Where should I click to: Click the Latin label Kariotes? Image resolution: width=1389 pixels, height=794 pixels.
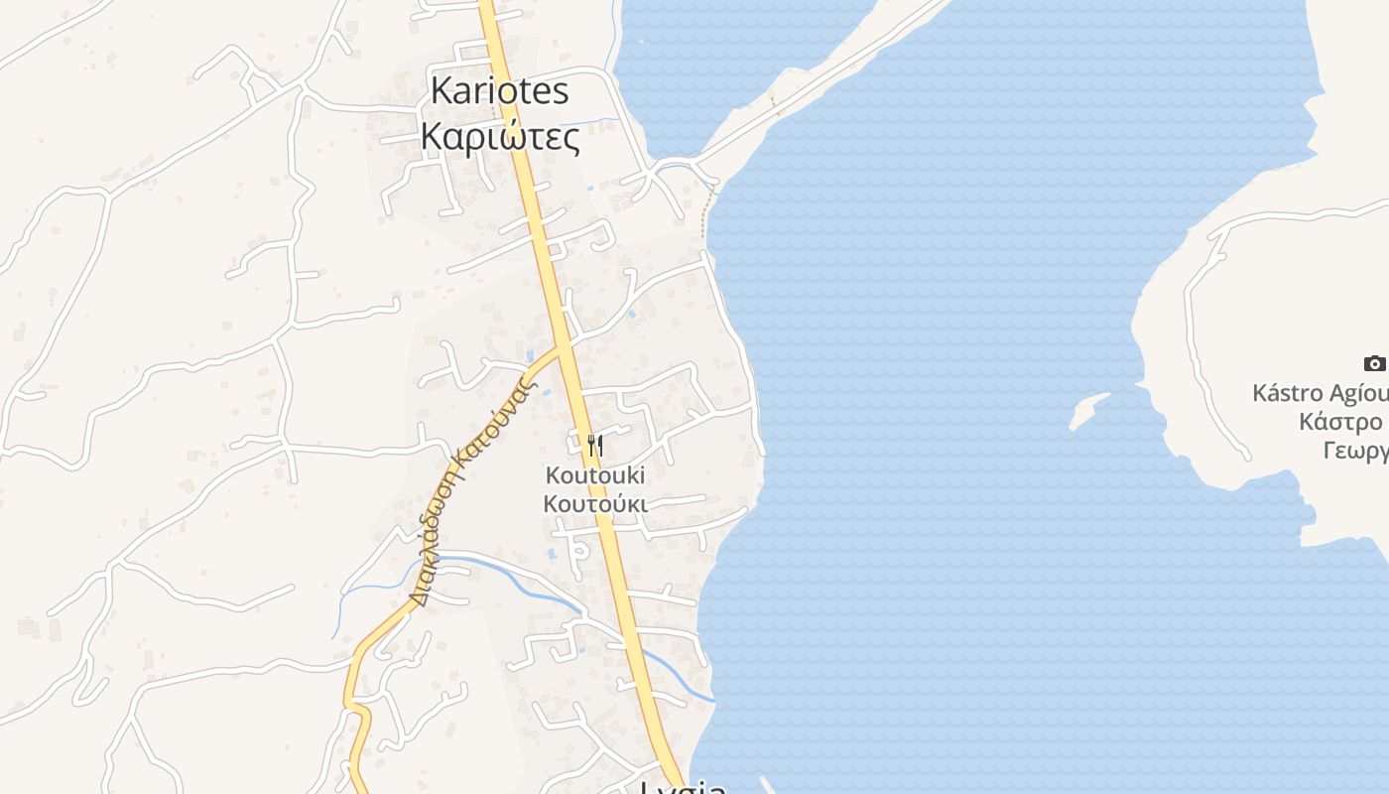pos(499,91)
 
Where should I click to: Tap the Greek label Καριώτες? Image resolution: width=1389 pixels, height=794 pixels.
pos(500,137)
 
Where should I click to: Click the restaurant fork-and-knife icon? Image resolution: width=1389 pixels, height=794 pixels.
pos(594,445)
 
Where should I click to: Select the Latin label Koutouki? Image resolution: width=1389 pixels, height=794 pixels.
pos(594,476)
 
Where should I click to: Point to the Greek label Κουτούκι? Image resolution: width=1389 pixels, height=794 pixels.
pos(594,504)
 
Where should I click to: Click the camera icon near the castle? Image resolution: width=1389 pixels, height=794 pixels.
pos(1374,363)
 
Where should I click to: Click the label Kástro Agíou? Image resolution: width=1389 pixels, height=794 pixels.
pos(1320,393)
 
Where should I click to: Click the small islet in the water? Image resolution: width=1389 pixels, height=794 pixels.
pos(1088,410)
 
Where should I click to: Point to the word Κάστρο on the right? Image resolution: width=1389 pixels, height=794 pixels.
pos(1340,423)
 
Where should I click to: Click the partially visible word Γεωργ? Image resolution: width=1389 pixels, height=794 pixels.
pos(1354,453)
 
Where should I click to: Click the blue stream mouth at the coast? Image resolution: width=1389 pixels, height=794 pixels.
pos(706,697)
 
